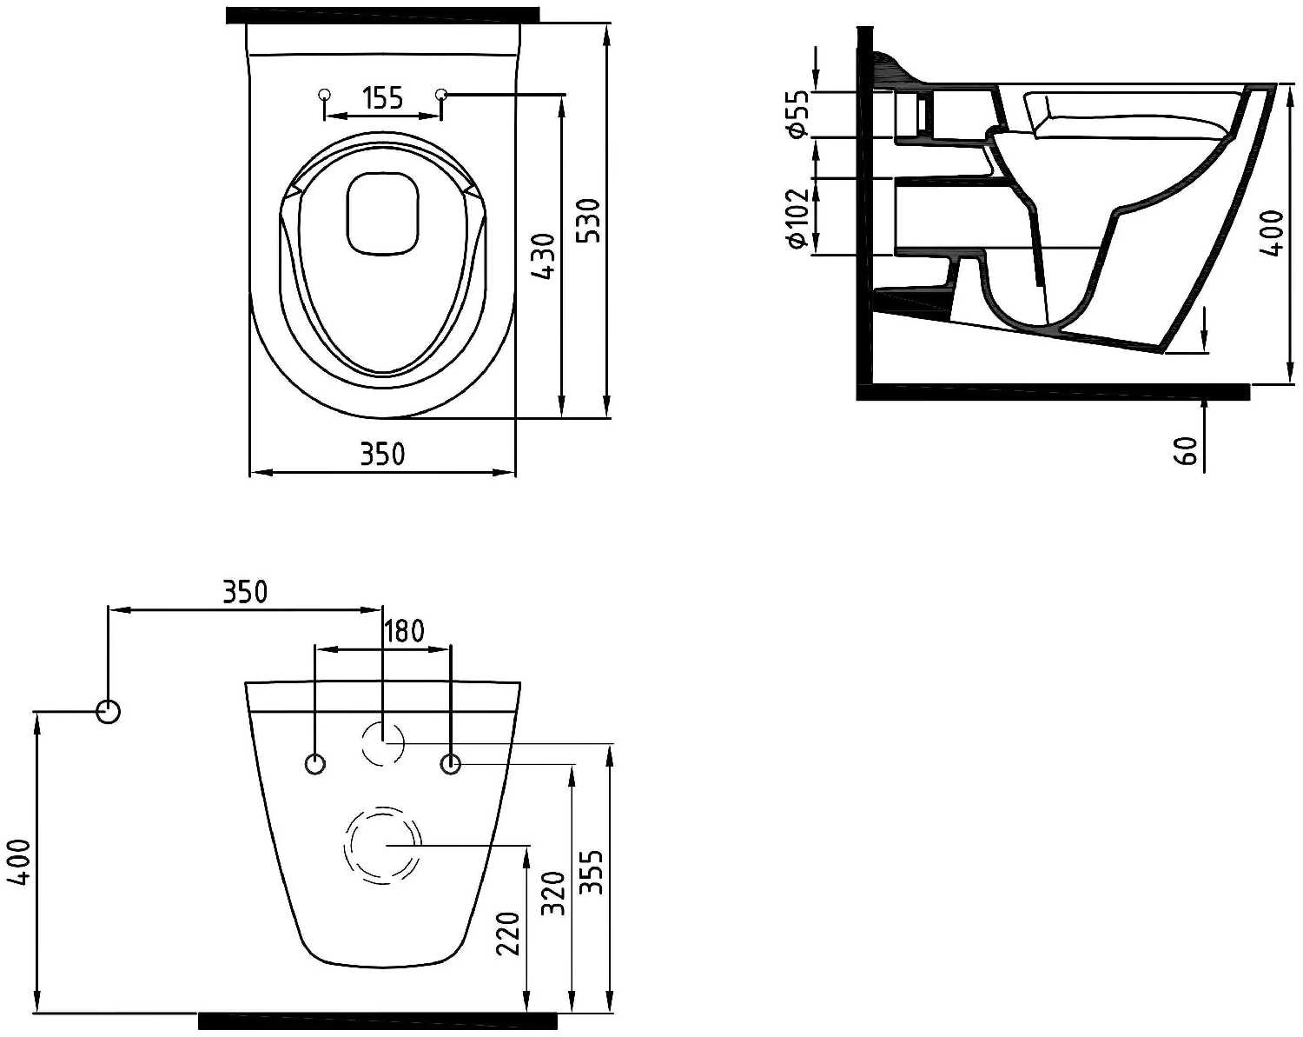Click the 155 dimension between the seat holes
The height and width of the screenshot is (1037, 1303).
[383, 97]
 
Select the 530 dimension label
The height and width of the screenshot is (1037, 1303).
[588, 220]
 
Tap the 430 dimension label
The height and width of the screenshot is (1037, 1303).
[543, 256]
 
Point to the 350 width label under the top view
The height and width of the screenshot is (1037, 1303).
[383, 454]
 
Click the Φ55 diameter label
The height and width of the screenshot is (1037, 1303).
[797, 113]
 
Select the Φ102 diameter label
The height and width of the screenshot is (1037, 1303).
[797, 218]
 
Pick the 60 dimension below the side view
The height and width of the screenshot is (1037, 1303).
[1187, 450]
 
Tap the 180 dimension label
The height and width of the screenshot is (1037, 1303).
[404, 632]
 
